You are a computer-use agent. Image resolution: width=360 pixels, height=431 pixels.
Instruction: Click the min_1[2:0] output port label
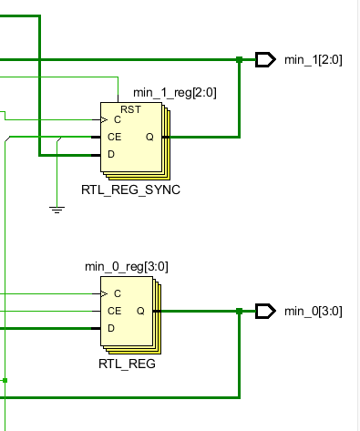tap(314, 60)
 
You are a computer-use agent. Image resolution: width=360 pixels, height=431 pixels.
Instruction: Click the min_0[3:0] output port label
tap(314, 312)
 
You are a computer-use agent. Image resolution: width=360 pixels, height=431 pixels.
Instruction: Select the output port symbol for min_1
tap(265, 60)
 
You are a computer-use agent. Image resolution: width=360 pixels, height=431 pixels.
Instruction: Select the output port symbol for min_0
tap(265, 312)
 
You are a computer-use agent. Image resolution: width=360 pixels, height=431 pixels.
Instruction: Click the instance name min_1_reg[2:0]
tap(175, 92)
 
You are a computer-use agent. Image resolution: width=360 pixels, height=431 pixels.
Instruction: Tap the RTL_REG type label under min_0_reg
tap(127, 364)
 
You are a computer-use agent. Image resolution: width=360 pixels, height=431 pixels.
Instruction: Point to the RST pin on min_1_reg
tap(130, 109)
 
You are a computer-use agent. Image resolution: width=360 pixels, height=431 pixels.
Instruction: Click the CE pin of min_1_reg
tap(114, 138)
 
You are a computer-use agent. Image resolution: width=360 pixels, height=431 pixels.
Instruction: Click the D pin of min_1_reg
tap(111, 155)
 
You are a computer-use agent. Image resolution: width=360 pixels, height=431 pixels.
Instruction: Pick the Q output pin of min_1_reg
tap(149, 138)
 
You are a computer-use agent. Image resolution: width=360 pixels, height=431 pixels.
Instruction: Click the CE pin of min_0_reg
tap(114, 311)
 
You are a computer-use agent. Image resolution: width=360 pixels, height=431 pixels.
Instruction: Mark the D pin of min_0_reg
tap(111, 328)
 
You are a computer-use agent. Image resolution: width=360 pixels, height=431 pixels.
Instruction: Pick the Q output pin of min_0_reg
tap(140, 311)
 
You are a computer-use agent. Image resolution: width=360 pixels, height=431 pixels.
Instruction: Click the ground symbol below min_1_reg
tap(57, 210)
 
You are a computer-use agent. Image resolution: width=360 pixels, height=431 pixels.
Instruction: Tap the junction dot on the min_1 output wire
tap(239, 60)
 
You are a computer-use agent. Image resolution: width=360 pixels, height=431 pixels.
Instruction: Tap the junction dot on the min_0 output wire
tap(239, 312)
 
